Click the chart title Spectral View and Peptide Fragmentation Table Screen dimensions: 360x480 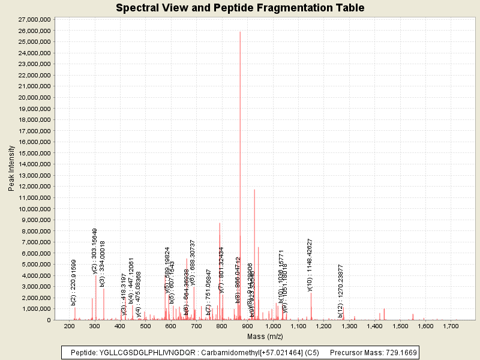[240, 8]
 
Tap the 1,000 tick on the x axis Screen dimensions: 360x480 [273, 326]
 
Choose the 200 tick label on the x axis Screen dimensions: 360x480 [70, 326]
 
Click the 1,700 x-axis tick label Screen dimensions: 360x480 [451, 326]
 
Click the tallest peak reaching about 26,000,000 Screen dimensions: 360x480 [240, 33]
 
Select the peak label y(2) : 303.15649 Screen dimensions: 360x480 [94, 251]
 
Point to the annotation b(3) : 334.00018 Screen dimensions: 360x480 [103, 263]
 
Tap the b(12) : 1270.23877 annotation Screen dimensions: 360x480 [340, 291]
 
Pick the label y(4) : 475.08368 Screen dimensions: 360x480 [139, 294]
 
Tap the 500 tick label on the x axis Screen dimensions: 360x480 [146, 326]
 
